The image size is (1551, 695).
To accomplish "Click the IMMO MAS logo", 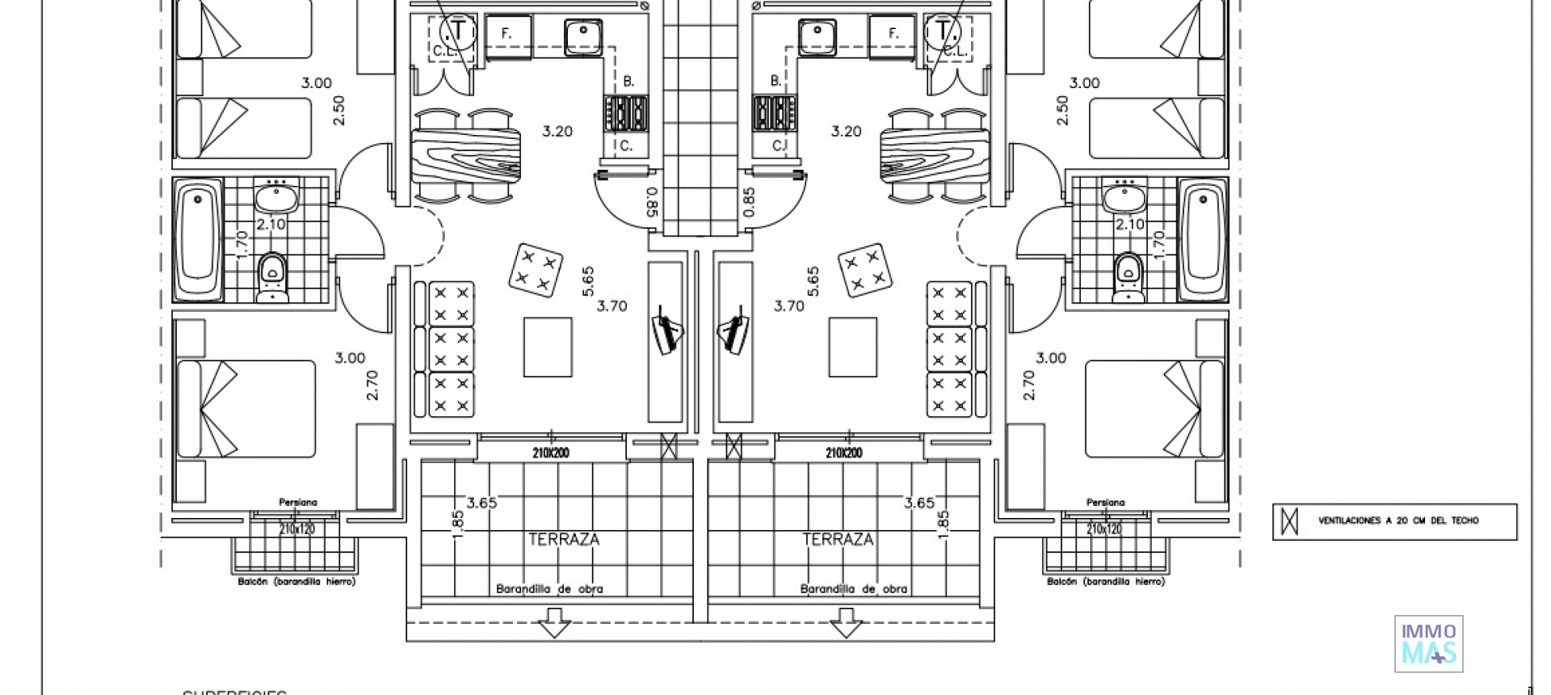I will pos(1428,644).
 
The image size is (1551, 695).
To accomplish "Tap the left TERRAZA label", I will pos(564,540).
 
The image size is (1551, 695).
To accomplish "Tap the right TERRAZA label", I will pos(838,540).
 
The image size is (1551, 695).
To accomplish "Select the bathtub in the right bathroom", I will pos(1202,239).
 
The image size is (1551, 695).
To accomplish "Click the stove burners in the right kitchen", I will pos(774,113).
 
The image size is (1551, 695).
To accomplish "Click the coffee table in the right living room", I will pos(852,347).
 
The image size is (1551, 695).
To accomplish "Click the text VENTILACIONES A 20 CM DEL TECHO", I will pos(1398,521).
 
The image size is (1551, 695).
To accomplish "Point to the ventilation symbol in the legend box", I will pos(1290,521).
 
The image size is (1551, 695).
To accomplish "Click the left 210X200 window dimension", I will pos(550,453).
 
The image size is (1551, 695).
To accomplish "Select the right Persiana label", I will pos(1105,503).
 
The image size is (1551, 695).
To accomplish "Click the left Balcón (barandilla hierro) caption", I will pos(296,581).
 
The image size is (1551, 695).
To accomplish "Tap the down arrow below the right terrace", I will pos(846,624).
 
